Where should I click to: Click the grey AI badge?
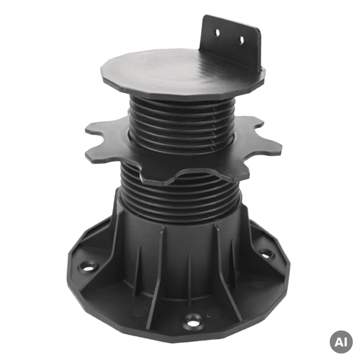(x=341, y=342)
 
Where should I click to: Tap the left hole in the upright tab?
(x=217, y=33)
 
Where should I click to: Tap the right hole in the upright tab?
(x=242, y=40)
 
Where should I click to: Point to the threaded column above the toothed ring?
(x=181, y=121)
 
